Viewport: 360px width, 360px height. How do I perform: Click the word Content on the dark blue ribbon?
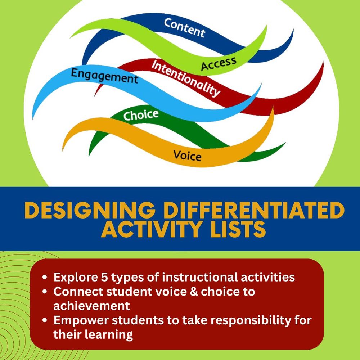pyautogui.click(x=185, y=28)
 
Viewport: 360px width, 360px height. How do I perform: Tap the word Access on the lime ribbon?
pyautogui.click(x=219, y=63)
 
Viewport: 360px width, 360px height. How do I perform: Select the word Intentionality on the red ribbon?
pyautogui.click(x=185, y=78)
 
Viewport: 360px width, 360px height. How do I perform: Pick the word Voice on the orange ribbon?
pyautogui.click(x=187, y=156)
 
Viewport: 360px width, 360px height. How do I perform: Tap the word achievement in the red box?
pyautogui.click(x=91, y=306)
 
